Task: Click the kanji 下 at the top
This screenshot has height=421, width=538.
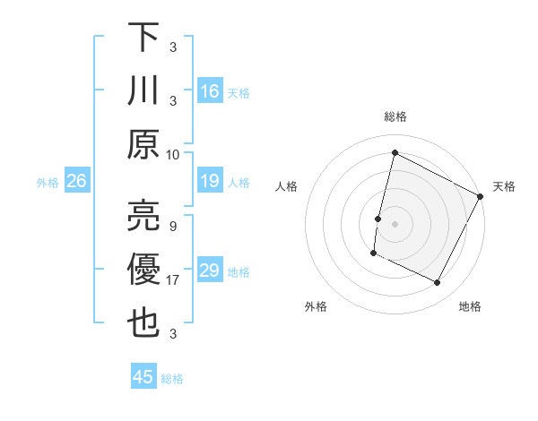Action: (144, 37)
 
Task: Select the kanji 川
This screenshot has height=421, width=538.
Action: (144, 90)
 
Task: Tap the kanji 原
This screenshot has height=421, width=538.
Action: (144, 144)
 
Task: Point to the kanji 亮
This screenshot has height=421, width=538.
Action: (144, 216)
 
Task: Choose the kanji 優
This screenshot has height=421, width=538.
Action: (144, 270)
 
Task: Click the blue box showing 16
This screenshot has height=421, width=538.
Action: (210, 90)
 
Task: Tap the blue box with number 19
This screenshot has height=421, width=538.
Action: (210, 182)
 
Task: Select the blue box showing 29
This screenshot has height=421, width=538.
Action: (210, 271)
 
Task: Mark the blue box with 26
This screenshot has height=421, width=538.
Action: (76, 182)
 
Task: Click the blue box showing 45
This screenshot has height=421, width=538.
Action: (143, 377)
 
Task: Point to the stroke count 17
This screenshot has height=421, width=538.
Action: (173, 280)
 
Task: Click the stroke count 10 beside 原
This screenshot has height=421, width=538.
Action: (173, 154)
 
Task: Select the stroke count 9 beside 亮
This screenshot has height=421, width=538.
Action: (172, 226)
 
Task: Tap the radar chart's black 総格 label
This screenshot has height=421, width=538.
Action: (395, 116)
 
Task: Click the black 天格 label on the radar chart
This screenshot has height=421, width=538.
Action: (504, 186)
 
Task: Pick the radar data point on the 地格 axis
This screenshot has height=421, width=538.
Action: (438, 283)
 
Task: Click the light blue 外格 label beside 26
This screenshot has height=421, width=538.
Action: (48, 183)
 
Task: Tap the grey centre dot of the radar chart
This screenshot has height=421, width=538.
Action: (395, 224)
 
